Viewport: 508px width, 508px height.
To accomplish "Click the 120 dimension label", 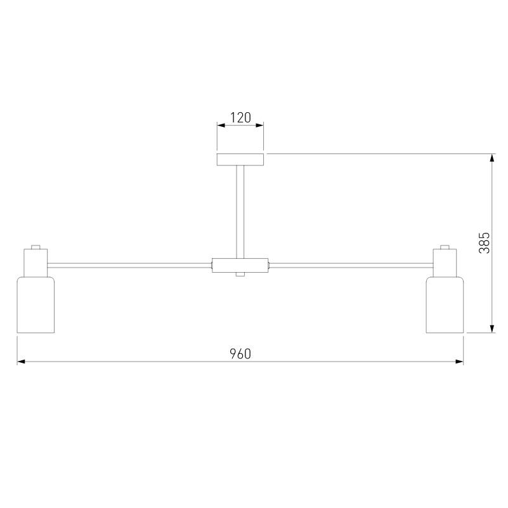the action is point(240,117).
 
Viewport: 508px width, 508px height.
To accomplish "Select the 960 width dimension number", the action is point(240,354).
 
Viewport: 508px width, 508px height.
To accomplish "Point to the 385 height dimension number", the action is point(485,243).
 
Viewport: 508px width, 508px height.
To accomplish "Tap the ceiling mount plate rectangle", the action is point(240,160).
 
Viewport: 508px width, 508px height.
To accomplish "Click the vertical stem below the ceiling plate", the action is point(240,212).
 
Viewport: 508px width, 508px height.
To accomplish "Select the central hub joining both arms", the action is point(240,265).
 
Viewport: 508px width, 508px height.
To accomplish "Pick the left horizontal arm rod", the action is point(129,266).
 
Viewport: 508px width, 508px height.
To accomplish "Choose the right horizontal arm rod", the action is point(351,266).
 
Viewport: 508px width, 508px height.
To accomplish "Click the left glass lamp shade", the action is point(36,304).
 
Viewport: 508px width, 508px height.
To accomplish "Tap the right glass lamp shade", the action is point(445,304).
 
